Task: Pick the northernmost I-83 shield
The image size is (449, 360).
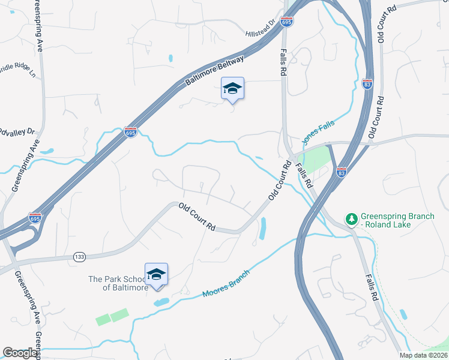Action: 367,83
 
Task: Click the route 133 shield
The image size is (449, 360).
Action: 79,257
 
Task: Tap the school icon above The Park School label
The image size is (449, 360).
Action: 156,275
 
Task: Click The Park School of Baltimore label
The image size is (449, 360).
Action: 118,283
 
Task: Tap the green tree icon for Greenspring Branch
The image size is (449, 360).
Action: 351,219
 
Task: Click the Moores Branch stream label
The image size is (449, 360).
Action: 225,284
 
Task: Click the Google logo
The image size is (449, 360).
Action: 20,353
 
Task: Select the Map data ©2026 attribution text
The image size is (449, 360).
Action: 423,355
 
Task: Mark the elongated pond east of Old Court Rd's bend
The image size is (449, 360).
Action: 263,228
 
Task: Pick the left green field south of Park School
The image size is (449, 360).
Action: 103,320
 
